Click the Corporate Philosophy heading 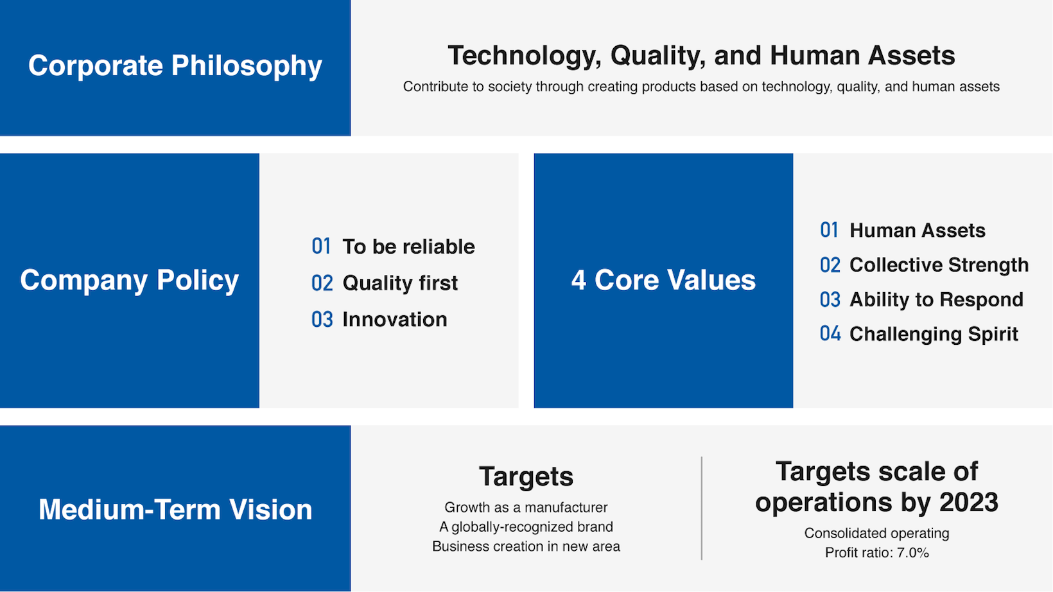pos(175,65)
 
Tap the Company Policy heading pos(129,280)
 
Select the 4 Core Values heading pos(663,280)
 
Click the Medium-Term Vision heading pos(175,509)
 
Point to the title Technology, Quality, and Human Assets pos(701,55)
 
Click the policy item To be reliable pos(408,247)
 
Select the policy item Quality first pos(400,283)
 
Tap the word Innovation pos(395,320)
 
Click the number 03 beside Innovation pos(322,320)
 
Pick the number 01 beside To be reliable pos(321,247)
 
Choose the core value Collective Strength pos(939,265)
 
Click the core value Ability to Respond pos(936,299)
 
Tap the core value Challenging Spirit pos(934,335)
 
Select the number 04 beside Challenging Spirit pos(830,334)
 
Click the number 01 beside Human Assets pos(830,231)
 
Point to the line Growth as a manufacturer pos(526,507)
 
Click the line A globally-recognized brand pos(526,527)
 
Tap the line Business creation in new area pos(526,546)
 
